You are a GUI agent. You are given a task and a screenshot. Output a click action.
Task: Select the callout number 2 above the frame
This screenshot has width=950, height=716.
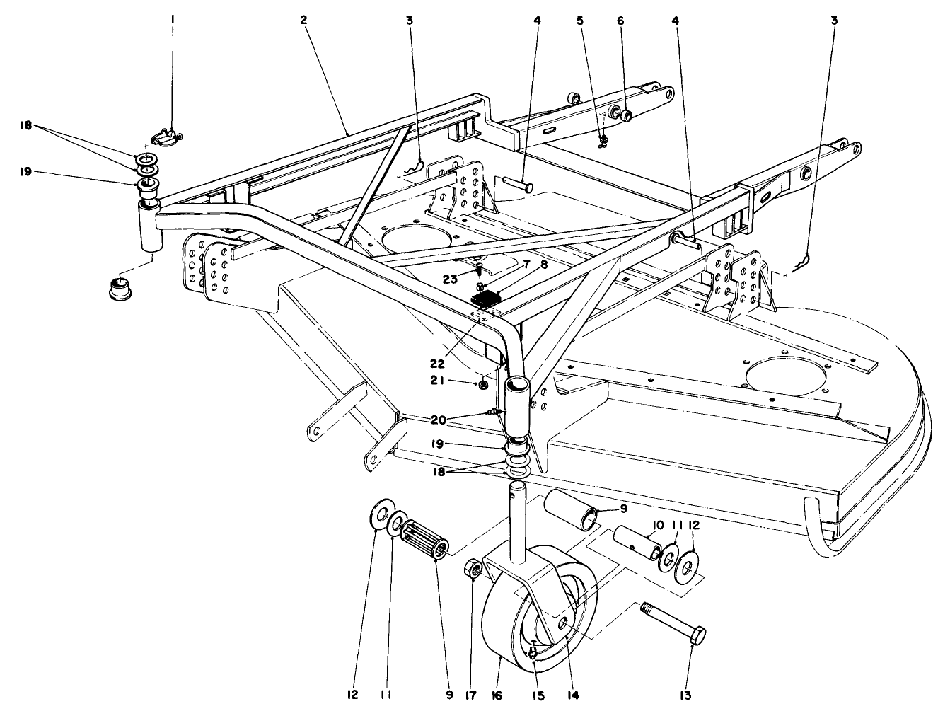click(x=303, y=21)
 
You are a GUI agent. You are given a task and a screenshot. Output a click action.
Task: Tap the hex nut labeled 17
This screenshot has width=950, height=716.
click(x=472, y=569)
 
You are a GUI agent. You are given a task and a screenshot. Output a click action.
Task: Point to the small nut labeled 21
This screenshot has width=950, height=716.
click(x=482, y=386)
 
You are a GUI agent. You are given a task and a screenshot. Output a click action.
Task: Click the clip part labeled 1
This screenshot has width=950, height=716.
click(x=168, y=136)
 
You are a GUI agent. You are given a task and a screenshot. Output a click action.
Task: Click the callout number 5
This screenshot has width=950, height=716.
click(x=580, y=21)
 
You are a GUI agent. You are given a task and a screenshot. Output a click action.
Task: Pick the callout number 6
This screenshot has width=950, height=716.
click(x=620, y=21)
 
